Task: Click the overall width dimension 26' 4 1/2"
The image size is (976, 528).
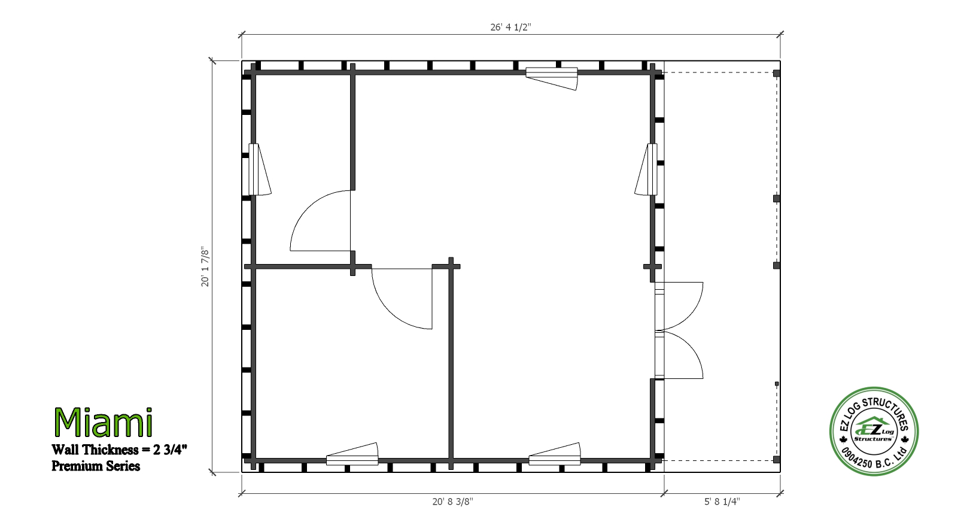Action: click(510, 27)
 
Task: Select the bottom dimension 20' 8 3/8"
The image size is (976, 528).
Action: click(452, 502)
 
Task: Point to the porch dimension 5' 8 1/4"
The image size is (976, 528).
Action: click(722, 502)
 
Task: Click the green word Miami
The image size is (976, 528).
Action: click(104, 422)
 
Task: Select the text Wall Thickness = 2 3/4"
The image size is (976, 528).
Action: click(120, 450)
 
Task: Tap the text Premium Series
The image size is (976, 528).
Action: click(96, 466)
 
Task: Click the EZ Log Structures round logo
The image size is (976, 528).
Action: click(874, 431)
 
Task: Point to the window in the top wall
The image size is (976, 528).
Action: click(552, 78)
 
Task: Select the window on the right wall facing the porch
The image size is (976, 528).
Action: click(646, 169)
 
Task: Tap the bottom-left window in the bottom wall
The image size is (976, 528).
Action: click(352, 454)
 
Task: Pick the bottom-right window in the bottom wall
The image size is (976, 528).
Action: click(555, 454)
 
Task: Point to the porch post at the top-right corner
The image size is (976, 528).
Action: click(777, 73)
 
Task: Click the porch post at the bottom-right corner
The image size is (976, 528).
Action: click(777, 460)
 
